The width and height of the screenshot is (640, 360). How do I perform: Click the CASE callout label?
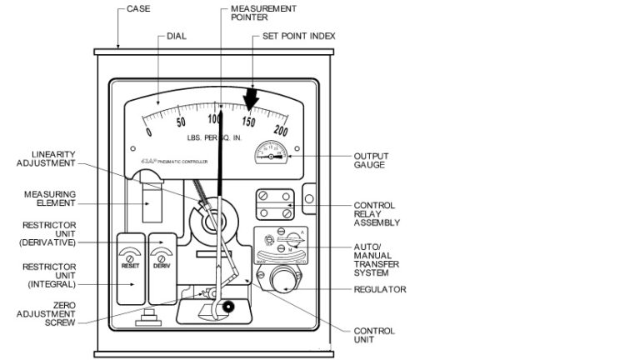click(138, 10)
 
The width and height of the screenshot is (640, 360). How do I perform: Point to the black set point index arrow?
click(252, 98)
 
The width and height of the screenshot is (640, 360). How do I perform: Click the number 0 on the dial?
click(149, 132)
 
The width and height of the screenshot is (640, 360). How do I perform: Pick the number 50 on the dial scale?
click(181, 122)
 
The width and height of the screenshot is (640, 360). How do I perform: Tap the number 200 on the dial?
click(280, 130)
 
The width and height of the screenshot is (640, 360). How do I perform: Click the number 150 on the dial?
click(247, 122)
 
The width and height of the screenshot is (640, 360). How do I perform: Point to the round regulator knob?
click(282, 277)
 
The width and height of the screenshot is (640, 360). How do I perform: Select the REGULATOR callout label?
click(380, 289)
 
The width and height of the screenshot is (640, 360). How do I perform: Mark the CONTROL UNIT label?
click(374, 335)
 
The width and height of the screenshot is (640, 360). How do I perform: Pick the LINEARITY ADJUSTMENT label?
click(54, 160)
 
